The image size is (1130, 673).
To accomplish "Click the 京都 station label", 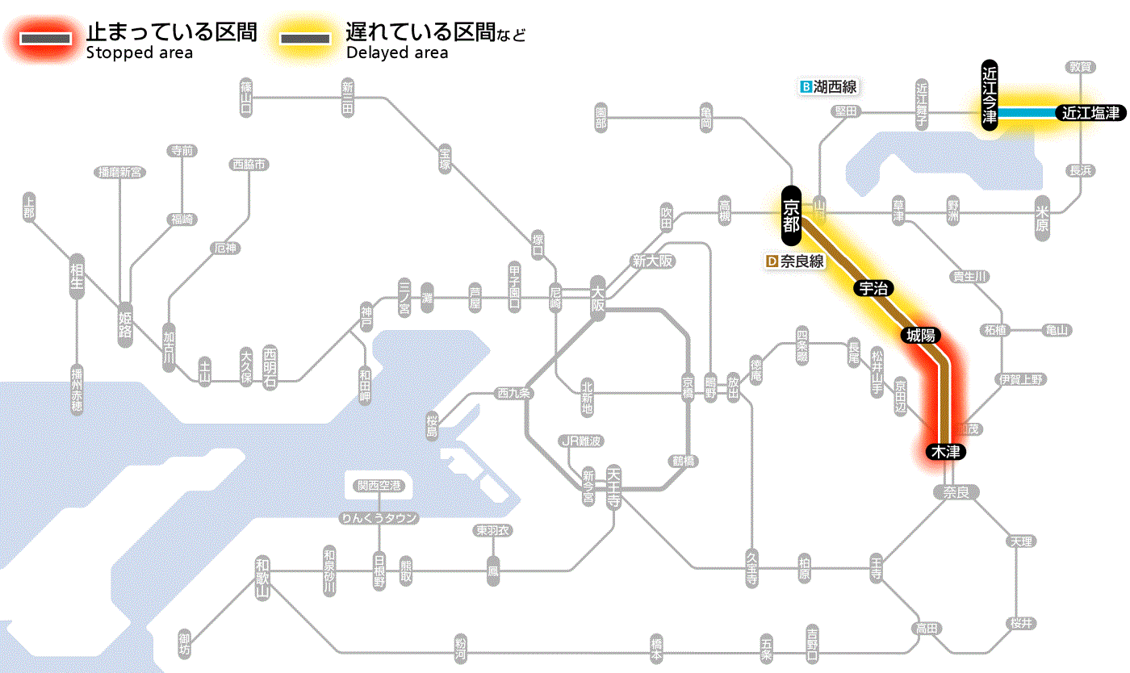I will (791, 215).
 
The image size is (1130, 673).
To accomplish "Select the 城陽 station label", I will (920, 335).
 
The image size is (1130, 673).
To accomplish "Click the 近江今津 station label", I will (990, 94).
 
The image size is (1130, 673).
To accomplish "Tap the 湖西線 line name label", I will (828, 86).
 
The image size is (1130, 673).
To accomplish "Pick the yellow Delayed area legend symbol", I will (304, 38).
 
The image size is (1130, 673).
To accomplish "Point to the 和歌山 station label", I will (262, 579).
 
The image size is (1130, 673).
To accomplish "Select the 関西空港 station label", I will (379, 486).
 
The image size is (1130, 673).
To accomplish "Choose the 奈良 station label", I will (955, 491).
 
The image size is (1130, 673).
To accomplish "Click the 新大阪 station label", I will (652, 261).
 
